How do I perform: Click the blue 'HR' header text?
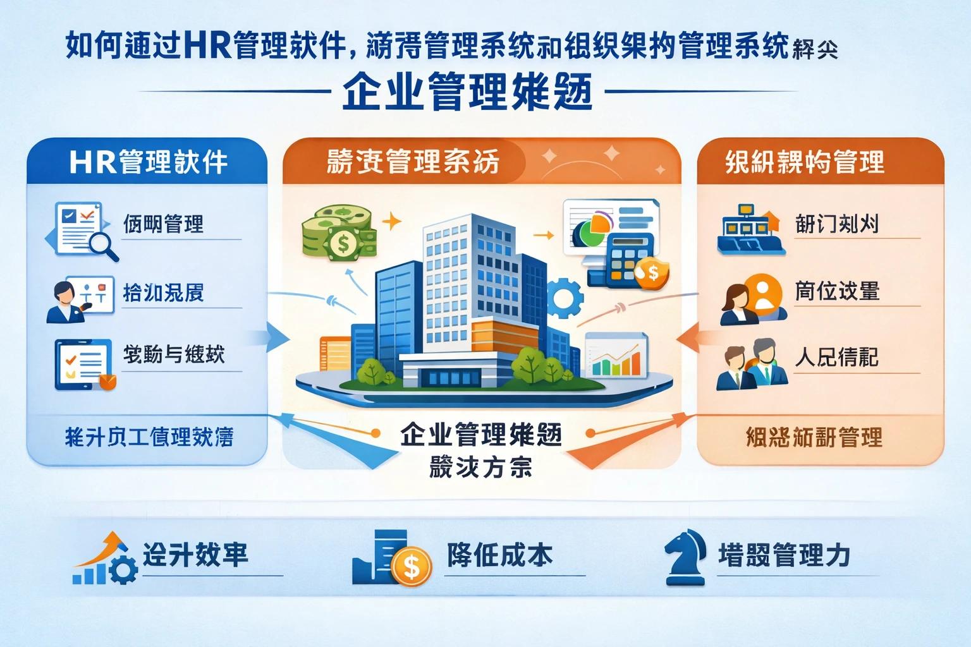point(93,162)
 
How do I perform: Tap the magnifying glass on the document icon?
point(103,245)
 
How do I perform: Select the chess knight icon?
point(686,557)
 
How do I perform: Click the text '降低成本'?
point(499,555)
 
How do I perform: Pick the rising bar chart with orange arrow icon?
point(104,559)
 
